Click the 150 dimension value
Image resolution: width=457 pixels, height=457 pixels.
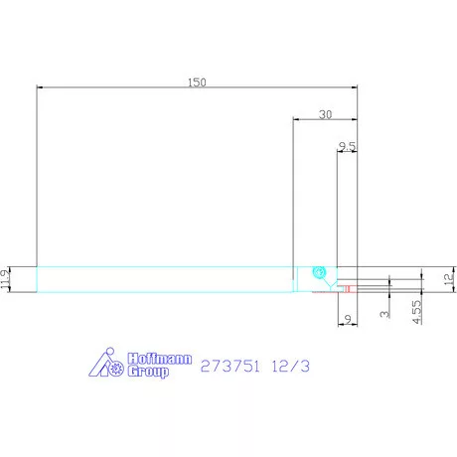pyautogui.click(x=197, y=82)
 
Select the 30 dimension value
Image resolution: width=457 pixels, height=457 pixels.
pyautogui.click(x=325, y=114)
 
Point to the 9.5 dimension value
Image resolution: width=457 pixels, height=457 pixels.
pyautogui.click(x=347, y=146)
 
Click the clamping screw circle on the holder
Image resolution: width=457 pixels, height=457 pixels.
pyautogui.click(x=319, y=271)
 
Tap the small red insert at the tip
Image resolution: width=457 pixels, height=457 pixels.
pyautogui.click(x=348, y=289)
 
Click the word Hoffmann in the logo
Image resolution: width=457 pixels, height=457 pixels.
pyautogui.click(x=156, y=359)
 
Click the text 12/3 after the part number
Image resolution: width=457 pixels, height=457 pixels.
pyautogui.click(x=295, y=366)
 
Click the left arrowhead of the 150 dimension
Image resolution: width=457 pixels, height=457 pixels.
pyautogui.click(x=39, y=88)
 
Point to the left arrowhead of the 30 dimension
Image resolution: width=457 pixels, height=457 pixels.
pyautogui.click(x=295, y=120)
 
